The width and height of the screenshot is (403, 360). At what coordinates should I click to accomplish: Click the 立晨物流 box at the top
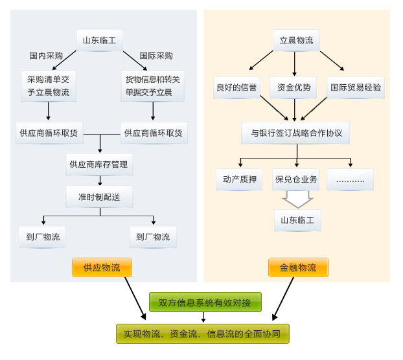[295, 41]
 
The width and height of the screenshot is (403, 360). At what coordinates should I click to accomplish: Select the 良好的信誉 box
[236, 87]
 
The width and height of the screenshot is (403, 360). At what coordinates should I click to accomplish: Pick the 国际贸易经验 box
[356, 87]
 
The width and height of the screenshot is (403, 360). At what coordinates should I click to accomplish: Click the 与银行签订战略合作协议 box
[295, 133]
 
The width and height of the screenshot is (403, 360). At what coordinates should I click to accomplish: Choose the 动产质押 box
[239, 179]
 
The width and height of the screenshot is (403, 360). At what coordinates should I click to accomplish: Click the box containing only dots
[350, 179]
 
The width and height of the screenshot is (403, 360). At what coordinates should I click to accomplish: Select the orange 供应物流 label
[102, 267]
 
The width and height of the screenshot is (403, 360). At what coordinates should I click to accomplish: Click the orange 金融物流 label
[298, 267]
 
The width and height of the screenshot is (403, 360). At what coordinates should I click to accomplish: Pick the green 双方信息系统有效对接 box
[205, 302]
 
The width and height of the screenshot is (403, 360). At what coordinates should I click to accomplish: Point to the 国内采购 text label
[46, 56]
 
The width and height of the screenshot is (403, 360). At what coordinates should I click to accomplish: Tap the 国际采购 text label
[156, 56]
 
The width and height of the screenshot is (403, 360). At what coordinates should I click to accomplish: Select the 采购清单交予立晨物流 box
[48, 86]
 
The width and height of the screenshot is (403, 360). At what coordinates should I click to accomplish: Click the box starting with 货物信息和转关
[153, 86]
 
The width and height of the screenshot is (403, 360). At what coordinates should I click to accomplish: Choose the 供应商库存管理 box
[98, 164]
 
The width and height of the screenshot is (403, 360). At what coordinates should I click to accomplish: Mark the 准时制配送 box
[98, 196]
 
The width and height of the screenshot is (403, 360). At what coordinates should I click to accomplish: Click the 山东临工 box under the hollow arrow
[297, 220]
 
